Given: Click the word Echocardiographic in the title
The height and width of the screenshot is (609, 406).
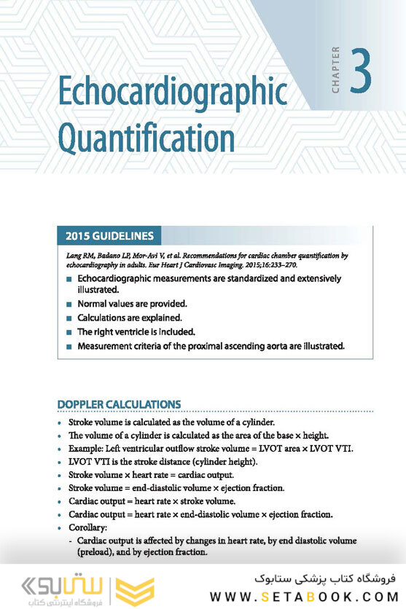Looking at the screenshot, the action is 172,93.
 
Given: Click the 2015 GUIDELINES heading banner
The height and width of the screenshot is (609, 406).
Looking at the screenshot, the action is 109,236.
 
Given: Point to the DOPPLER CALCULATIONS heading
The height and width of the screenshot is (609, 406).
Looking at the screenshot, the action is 119,404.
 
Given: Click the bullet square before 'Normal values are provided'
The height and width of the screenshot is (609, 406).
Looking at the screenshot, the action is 69,304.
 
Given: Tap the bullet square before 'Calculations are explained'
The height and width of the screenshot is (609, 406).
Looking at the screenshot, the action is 69,318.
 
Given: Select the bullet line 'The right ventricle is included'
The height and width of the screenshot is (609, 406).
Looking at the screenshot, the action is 138,332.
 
